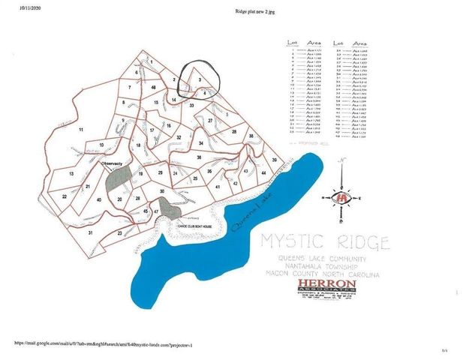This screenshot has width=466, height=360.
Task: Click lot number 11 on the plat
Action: coord(80,130)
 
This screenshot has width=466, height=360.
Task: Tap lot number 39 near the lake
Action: coord(275,160)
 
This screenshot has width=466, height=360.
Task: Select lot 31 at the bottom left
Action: coord(90,233)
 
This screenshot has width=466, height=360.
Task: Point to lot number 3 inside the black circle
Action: coord(199,79)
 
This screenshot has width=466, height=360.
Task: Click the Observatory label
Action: coord(113,161)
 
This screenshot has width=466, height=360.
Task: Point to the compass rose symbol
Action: coord(343,197)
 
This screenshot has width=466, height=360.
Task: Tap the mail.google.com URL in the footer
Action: coord(104,343)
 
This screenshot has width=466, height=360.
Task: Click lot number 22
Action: coord(65,196)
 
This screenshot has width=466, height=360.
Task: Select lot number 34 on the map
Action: coord(200,142)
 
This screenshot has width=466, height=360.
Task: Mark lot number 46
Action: coord(153,88)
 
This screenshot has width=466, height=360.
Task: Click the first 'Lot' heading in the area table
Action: coord(293,44)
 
